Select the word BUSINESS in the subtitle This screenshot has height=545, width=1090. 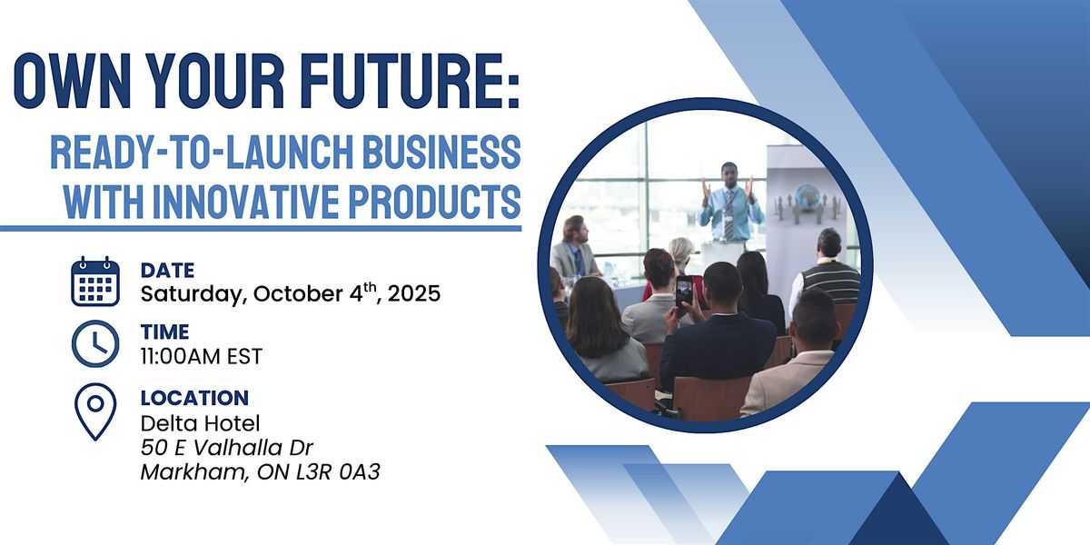[441, 152]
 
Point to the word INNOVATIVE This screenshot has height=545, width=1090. [246, 201]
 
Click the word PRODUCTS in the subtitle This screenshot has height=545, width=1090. [435, 201]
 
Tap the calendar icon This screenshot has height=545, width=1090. [95, 282]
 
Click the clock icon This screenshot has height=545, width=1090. [95, 343]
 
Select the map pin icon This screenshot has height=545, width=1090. [95, 411]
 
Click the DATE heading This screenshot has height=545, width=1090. [167, 271]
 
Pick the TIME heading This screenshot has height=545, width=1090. [165, 332]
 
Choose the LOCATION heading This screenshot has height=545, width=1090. [194, 398]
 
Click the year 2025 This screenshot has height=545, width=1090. [414, 293]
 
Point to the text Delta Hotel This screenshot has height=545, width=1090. [201, 423]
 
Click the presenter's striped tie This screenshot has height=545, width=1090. [728, 214]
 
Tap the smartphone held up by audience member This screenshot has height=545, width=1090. [684, 291]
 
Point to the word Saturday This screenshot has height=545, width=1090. [193, 294]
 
